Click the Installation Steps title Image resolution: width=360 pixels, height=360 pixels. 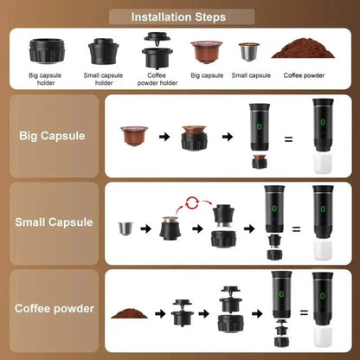coord(179,16)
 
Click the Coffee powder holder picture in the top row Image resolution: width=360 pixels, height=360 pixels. coord(156,51)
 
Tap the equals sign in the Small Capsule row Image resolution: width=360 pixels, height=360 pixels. coord(294,229)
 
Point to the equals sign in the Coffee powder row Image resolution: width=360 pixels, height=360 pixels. coord(298,315)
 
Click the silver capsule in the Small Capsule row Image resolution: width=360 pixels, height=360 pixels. coord(126,229)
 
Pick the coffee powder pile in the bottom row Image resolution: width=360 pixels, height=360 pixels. coord(130,313)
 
